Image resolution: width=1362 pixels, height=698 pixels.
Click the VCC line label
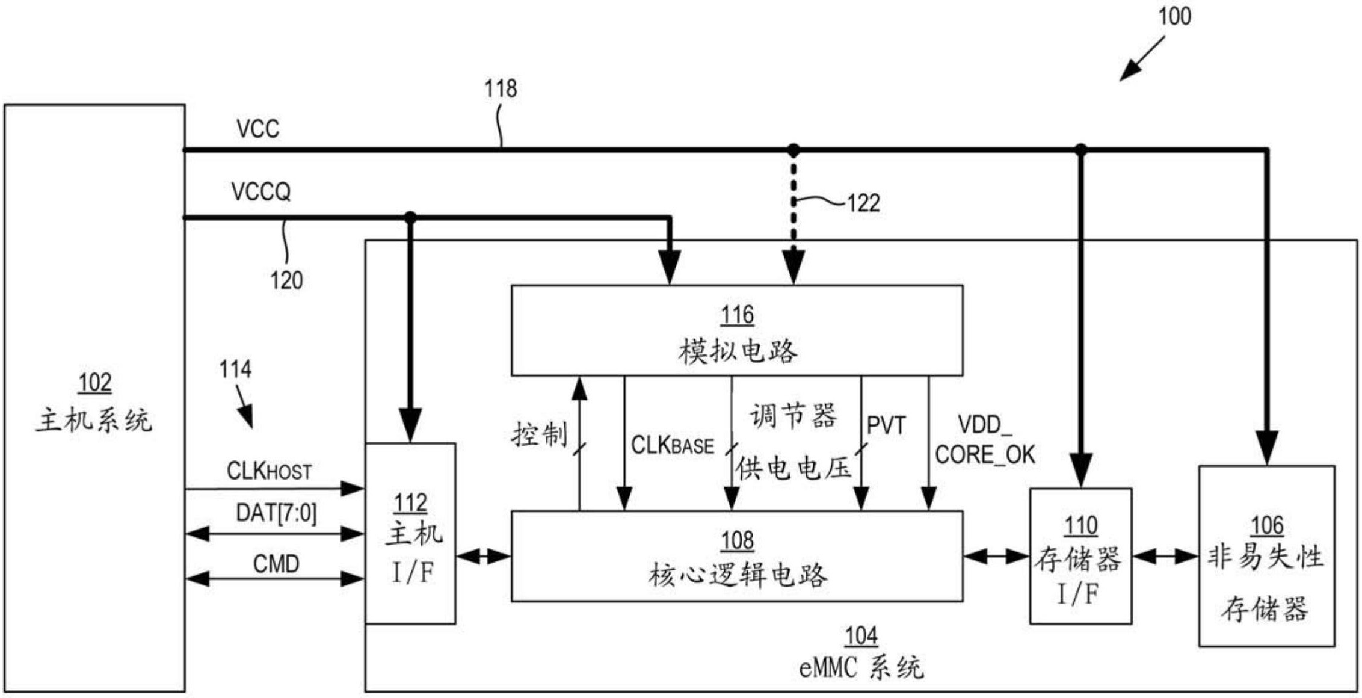tap(257, 129)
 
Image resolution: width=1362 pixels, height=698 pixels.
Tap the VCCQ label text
tap(261, 192)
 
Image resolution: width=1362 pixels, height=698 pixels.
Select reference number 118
tap(501, 89)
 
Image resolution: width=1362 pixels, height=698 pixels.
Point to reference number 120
tap(286, 280)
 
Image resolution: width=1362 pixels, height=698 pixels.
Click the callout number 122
tap(863, 203)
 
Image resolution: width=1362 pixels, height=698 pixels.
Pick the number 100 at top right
tap(1174, 16)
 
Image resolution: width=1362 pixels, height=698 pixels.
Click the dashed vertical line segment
tap(793, 199)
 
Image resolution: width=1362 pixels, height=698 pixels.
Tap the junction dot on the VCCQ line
tap(410, 217)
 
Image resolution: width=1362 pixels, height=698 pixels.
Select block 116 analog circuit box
tap(736, 331)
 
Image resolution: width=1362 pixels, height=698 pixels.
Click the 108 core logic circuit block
tap(736, 557)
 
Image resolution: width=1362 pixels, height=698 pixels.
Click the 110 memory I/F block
tap(1080, 557)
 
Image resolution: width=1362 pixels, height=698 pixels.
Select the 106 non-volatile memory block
tap(1266, 557)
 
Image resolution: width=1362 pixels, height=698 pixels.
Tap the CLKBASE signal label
tap(672, 446)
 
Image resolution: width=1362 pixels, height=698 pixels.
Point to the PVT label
tap(886, 426)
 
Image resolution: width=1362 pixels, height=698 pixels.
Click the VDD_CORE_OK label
tap(985, 440)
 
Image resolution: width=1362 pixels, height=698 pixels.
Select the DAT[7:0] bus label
tap(276, 513)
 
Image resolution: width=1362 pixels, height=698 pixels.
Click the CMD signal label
tap(276, 564)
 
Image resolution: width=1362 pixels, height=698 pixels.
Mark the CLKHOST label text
tap(269, 471)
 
